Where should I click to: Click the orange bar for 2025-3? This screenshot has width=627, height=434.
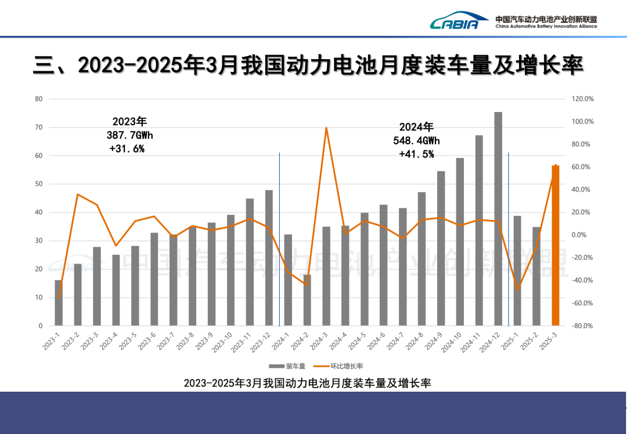click(x=556, y=247)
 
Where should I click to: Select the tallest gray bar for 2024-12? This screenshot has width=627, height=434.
click(x=498, y=220)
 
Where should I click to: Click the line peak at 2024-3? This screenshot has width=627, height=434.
click(x=326, y=128)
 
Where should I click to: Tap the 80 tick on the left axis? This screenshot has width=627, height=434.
click(x=39, y=99)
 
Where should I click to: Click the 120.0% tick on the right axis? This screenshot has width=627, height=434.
click(x=582, y=99)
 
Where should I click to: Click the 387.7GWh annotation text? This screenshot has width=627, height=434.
click(x=130, y=135)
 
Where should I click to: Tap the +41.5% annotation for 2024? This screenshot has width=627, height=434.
click(x=416, y=154)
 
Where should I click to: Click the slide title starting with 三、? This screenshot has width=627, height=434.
click(x=308, y=66)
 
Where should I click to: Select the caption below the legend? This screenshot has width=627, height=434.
click(x=307, y=383)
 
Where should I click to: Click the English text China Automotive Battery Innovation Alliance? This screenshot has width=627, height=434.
click(x=546, y=27)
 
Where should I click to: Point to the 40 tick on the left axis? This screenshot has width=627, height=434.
click(x=39, y=212)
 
